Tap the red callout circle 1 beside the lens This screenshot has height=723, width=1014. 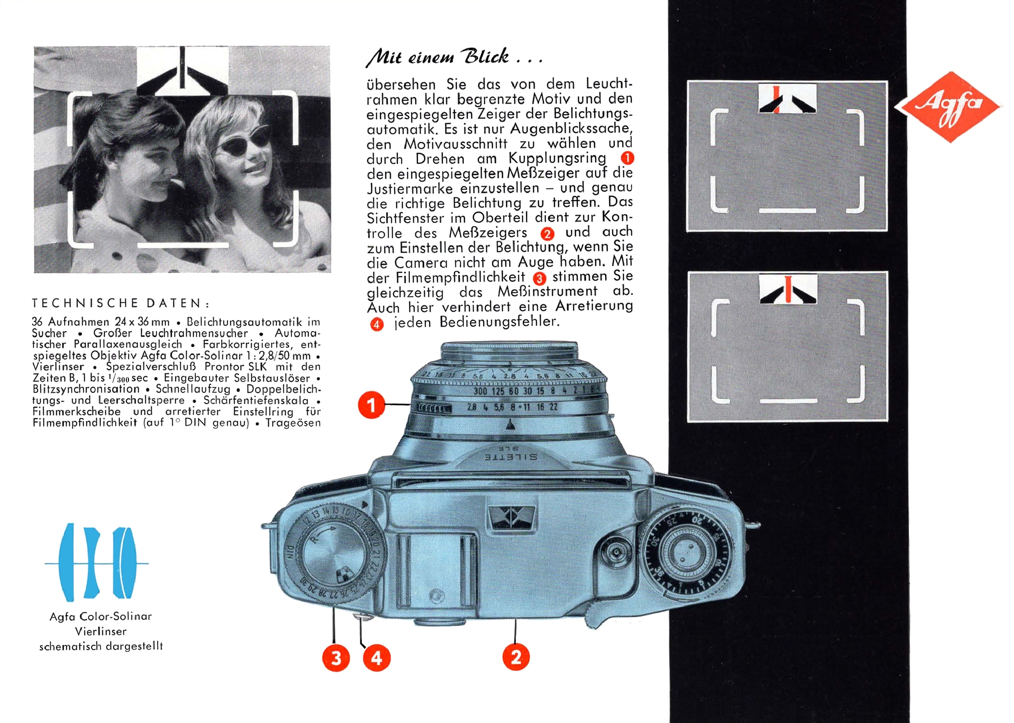pyautogui.click(x=371, y=405)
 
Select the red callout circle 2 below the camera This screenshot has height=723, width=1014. pyautogui.click(x=516, y=657)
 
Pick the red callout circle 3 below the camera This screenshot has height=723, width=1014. pyautogui.click(x=336, y=658)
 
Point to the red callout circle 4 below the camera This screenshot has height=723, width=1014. pyautogui.click(x=377, y=658)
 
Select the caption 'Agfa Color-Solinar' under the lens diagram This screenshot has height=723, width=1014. pyautogui.click(x=101, y=616)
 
